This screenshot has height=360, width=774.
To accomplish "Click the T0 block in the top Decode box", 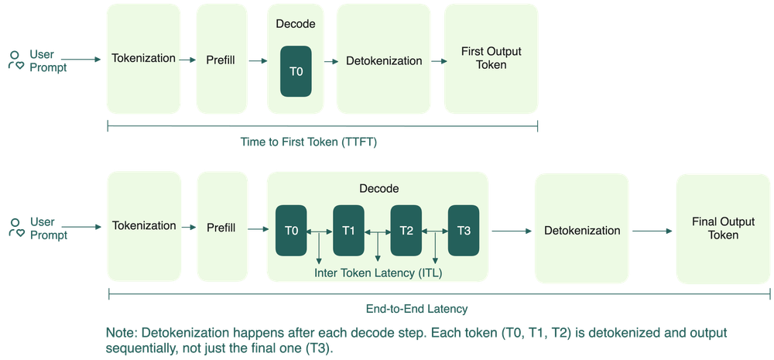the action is tap(296, 71).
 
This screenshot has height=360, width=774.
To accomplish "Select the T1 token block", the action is tap(348, 231).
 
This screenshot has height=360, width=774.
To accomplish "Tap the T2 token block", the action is tap(406, 231).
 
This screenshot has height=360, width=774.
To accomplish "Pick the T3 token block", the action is tap(464, 231).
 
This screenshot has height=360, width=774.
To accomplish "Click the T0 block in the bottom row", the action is tap(291, 231).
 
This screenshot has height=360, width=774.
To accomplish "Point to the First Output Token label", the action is tap(491, 58).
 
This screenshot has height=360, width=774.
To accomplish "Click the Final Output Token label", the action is tap(723, 228).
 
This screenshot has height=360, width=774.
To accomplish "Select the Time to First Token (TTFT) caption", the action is tap(309, 142).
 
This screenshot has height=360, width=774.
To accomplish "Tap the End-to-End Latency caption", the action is tap(416, 309).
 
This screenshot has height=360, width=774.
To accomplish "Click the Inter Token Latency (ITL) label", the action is tap(378, 273).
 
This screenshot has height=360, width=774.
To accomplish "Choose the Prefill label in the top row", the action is tap(220, 60).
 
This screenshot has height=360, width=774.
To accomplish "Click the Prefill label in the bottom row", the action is tap(221, 228).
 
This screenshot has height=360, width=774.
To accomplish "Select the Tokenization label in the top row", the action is tap(144, 58).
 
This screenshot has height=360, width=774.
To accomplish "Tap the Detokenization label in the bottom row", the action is tap(582, 231).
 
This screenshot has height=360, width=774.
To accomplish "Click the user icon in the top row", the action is tap(15, 60).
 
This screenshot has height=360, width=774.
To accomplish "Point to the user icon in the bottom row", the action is tap(15, 228).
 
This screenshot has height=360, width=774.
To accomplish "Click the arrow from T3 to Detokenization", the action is tap(512, 231).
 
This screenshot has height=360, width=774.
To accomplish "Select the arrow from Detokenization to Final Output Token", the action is tap(652, 231).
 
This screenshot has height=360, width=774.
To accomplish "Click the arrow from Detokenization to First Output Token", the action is tap(439, 61).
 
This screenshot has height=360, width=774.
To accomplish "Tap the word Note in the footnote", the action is tap(121, 332).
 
